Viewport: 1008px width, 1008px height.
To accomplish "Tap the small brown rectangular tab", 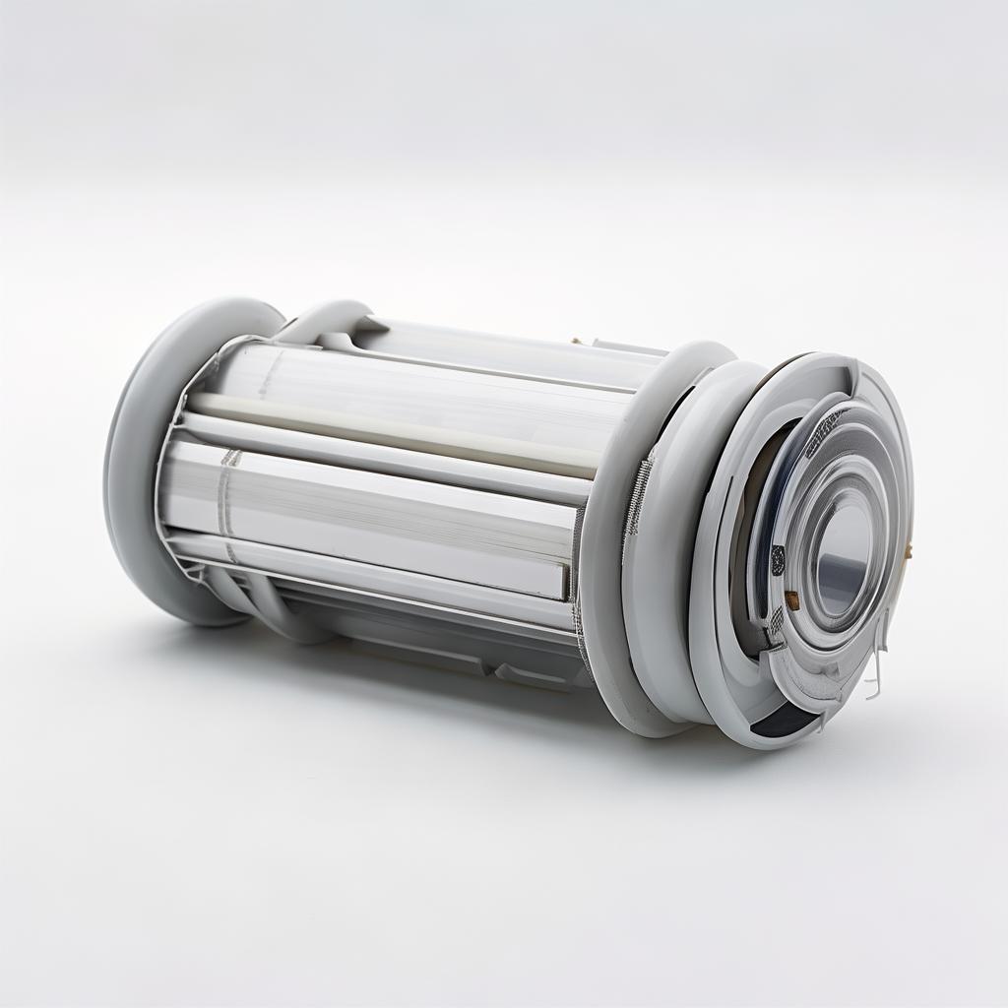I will pos(790,598).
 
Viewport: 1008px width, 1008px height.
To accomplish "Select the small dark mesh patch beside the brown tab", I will pos(777,561).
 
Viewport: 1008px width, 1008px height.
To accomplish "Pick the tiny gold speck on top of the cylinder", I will pos(574,342).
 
